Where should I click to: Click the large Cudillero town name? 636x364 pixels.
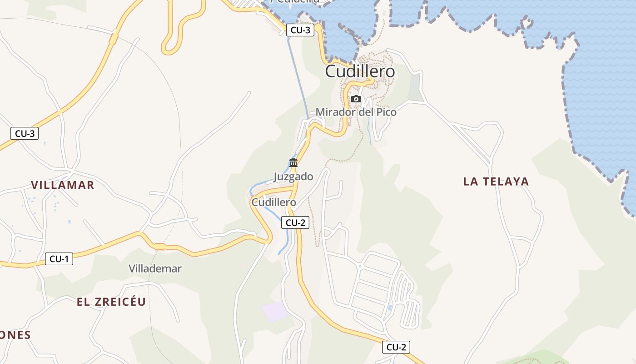coord(360,71)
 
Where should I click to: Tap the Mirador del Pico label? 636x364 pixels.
coord(356,112)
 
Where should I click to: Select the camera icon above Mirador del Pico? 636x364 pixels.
coord(356,99)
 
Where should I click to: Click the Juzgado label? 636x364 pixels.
coord(293,177)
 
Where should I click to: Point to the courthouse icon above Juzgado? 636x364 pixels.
coord(293,163)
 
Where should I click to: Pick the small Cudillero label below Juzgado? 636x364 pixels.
coord(273,202)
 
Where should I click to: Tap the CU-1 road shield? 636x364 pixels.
coord(59,259)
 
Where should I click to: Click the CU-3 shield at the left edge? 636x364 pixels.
coord(25,133)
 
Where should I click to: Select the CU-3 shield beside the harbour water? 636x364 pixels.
coord(300,30)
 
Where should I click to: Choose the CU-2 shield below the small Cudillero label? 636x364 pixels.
coord(295,222)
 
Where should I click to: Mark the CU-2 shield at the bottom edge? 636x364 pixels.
coord(396,347)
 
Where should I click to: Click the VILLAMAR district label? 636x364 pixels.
coord(63,185)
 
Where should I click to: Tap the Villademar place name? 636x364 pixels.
coord(155,268)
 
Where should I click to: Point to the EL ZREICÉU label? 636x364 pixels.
coord(111,302)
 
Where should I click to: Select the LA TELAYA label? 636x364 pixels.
coord(496,182)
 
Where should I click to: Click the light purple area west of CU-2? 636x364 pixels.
coord(275,311)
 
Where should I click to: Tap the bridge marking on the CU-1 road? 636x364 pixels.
coord(159,247)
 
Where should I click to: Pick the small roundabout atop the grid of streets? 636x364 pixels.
coord(359,266)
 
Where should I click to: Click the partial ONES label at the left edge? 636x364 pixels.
coord(15,335)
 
